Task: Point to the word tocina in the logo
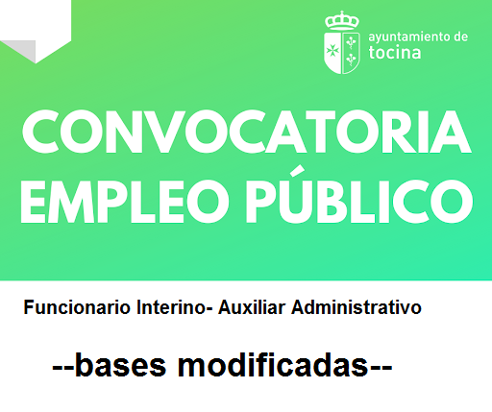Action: tap(393, 54)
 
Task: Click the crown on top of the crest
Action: tap(341, 19)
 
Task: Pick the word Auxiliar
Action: tap(253, 308)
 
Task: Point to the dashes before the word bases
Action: tap(62, 368)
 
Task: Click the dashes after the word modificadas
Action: tap(381, 368)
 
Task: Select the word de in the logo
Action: tap(460, 36)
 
